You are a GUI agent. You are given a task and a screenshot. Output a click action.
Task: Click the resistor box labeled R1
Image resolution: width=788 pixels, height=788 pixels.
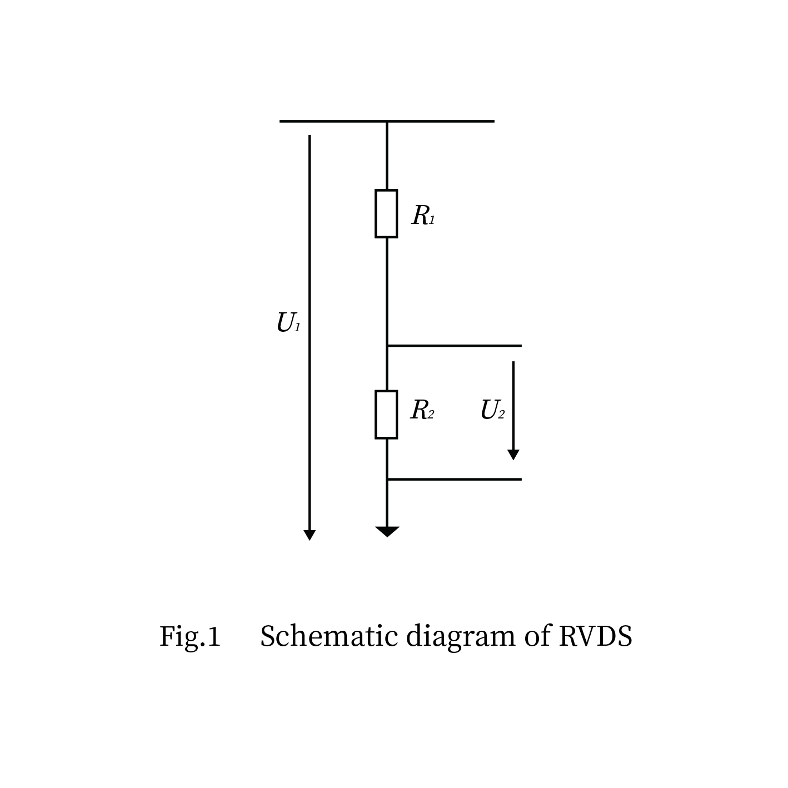[386, 214]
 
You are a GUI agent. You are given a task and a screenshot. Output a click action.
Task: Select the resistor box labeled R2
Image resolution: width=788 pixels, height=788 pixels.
[386, 415]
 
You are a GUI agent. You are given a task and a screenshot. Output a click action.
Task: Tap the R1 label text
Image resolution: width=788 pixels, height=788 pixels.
[423, 216]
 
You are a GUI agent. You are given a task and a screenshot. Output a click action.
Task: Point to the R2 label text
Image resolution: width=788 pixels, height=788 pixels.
[422, 411]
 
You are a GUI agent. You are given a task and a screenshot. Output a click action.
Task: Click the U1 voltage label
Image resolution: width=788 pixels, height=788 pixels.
[288, 323]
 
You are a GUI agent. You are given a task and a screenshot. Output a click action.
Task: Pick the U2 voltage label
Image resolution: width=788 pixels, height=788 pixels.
[492, 411]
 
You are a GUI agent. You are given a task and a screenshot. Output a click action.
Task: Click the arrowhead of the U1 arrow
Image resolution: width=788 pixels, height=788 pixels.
[310, 535]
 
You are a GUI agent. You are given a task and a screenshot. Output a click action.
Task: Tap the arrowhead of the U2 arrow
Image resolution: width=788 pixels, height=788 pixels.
[513, 455]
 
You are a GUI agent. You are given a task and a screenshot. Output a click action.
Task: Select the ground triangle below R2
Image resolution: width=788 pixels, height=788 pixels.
[387, 531]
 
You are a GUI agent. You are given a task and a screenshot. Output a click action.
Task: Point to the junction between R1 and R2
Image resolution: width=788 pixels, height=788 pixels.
[387, 346]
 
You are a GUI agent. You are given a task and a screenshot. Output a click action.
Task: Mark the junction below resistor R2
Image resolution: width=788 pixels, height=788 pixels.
[387, 479]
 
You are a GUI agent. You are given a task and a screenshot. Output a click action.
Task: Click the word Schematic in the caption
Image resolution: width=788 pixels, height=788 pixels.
[329, 636]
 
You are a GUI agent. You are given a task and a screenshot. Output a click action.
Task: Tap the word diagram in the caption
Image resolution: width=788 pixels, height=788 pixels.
[461, 637]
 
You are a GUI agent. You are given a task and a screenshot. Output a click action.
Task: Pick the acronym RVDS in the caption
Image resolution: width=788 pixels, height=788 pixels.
[595, 636]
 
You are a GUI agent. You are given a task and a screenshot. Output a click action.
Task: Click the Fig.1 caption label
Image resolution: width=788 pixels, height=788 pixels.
[190, 637]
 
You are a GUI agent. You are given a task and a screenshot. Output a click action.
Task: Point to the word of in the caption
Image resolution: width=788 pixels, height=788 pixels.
[537, 636]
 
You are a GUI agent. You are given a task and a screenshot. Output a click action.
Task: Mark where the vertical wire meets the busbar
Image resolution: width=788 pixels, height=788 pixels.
[387, 121]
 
